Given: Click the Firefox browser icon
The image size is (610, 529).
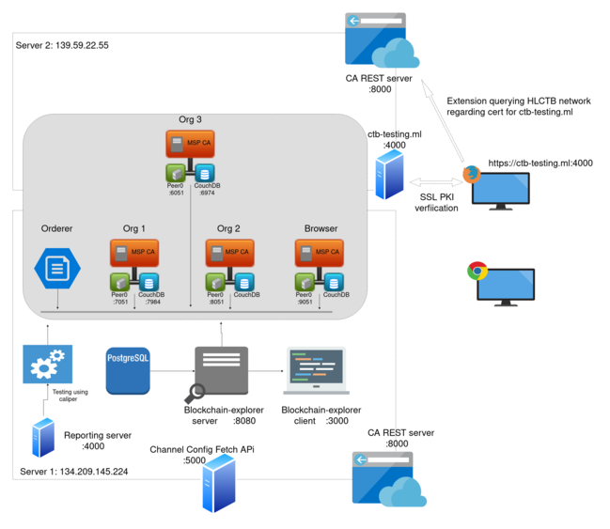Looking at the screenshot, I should coord(472,174).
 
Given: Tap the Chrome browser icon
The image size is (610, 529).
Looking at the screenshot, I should coord(477,272).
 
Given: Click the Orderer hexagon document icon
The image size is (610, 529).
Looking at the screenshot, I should coord(56,267).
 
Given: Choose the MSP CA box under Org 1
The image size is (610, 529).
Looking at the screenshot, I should coord(133,252).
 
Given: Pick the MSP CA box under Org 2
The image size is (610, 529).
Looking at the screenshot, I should coord(228,252).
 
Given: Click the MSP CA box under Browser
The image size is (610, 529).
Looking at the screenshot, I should coord(320,252).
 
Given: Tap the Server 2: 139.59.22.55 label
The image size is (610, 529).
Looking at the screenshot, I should coord(62,45).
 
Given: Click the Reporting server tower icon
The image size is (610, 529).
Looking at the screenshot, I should coord(42,438).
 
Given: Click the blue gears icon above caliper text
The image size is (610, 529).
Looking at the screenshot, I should coord(47,365).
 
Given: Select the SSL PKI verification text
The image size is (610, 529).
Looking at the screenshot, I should coord(438,202).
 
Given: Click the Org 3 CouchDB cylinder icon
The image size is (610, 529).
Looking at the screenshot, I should coord(203,173).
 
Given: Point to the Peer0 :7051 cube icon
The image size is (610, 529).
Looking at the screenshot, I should coord(120,282).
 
